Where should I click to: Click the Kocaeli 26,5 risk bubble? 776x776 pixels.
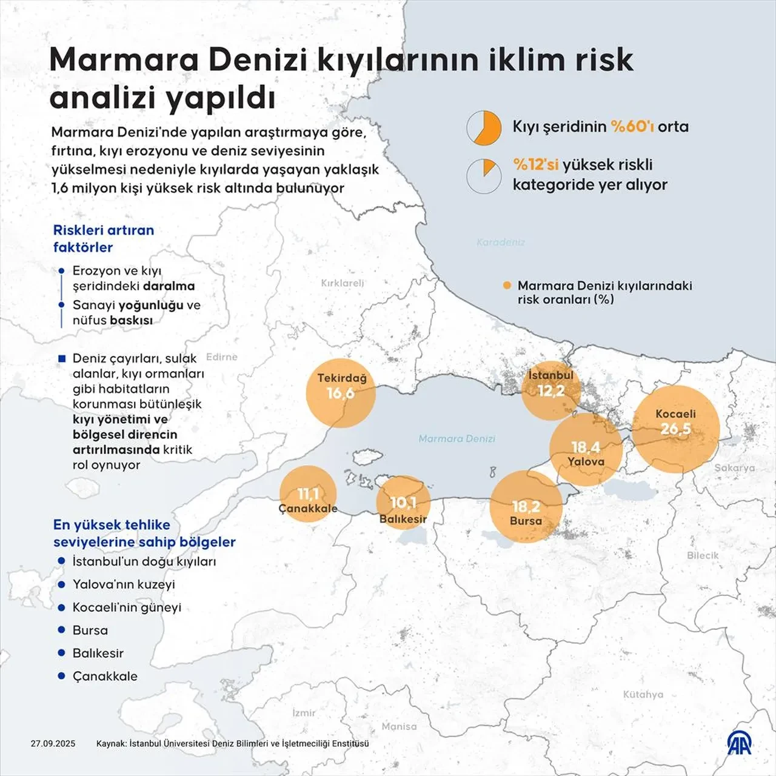(x=676, y=429)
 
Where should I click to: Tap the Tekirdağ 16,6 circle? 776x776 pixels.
(x=340, y=393)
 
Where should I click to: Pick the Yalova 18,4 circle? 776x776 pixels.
(x=586, y=449)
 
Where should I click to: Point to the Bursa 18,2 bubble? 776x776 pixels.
(x=526, y=507)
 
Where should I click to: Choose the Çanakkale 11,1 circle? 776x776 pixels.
(x=308, y=494)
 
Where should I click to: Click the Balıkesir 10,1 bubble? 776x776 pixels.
(x=403, y=503)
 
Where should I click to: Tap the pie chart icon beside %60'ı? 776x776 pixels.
(x=484, y=128)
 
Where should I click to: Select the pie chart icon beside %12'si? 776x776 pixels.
(x=484, y=176)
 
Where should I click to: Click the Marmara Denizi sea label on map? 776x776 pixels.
(x=457, y=438)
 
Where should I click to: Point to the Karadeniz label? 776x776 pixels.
(x=501, y=242)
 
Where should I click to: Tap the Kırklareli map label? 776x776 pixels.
(x=343, y=283)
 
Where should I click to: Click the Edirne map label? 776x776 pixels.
(x=222, y=357)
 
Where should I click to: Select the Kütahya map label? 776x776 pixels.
(x=643, y=694)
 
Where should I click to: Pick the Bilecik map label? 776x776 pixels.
(x=703, y=555)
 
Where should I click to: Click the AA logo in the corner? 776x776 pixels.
(x=740, y=743)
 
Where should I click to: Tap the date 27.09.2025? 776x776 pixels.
(x=53, y=743)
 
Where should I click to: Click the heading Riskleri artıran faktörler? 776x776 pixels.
(x=104, y=238)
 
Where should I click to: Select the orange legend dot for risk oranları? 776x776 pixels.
(x=507, y=286)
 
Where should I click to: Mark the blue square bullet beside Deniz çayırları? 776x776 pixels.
(x=61, y=359)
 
